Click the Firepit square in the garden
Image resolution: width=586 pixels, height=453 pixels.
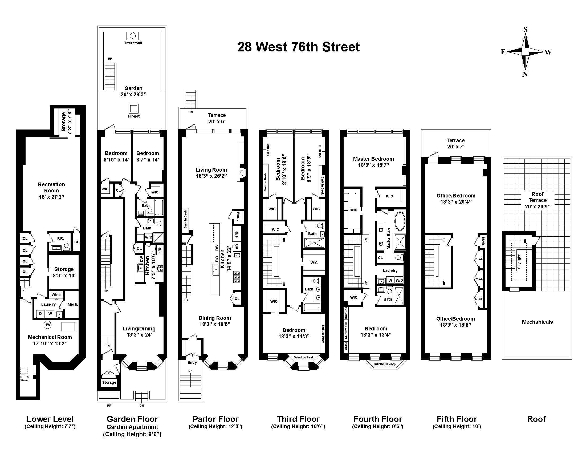click(133, 108)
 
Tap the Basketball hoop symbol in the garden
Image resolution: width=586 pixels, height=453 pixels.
click(133, 36)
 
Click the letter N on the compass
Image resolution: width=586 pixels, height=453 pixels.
click(525, 74)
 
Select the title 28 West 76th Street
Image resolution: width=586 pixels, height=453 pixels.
click(298, 47)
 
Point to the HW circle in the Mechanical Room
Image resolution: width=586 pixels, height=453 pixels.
click(47, 325)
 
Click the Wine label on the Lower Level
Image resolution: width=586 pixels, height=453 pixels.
click(56, 295)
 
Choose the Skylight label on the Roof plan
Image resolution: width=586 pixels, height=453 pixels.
click(519, 262)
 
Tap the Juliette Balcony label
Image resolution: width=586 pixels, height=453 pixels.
click(385, 364)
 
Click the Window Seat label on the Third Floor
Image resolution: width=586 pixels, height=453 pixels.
click(303, 357)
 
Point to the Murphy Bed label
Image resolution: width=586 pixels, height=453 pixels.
click(346, 331)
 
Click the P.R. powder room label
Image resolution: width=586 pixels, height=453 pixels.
click(60, 238)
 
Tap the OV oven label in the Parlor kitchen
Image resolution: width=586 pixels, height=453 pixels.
click(237, 246)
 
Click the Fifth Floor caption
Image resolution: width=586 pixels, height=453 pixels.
click(457, 419)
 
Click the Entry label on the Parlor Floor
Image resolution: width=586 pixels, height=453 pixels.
click(192, 363)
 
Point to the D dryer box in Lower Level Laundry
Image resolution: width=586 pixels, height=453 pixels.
click(40, 314)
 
